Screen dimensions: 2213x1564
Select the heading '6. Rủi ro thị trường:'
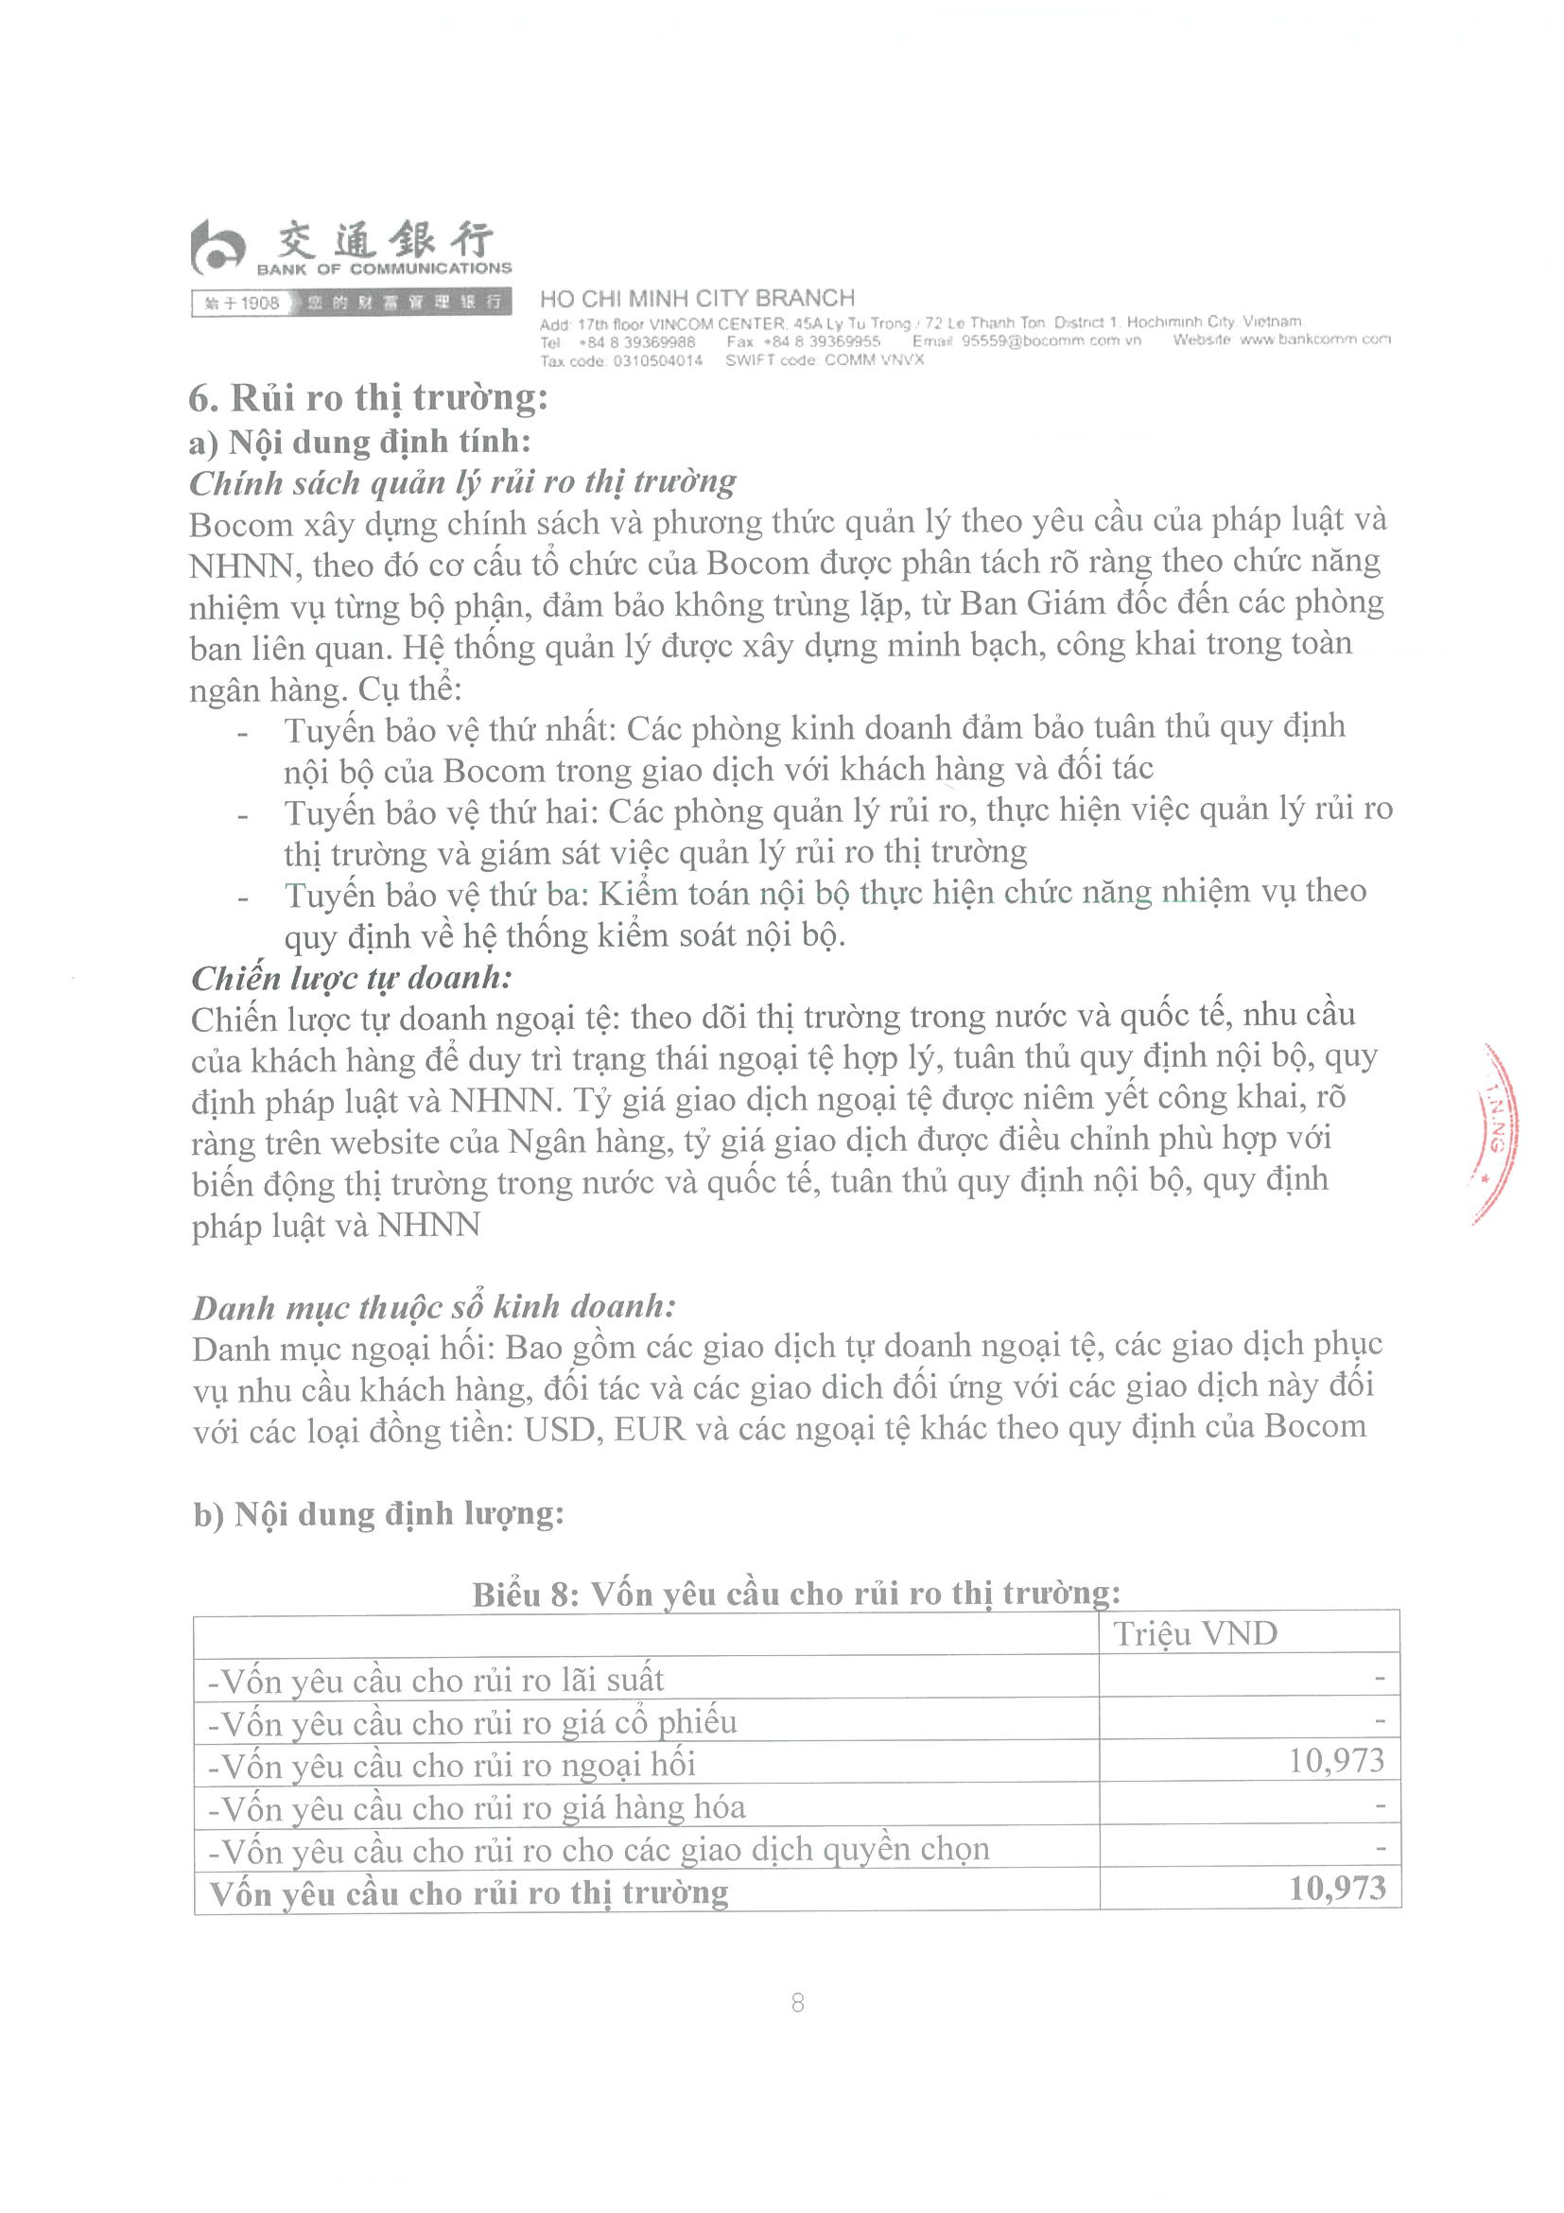368,397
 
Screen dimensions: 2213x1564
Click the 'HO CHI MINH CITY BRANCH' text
697,298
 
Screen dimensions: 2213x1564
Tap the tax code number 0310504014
657,360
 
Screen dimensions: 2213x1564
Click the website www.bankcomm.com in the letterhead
1314,340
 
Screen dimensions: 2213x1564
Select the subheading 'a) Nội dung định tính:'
359,442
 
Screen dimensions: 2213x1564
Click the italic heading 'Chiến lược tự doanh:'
351,978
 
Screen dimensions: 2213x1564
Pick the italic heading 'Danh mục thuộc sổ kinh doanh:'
434,1307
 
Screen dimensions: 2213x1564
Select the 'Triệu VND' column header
1195,1633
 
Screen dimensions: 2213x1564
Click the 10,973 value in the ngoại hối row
1336,1761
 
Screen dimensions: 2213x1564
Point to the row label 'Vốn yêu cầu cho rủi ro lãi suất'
437,1680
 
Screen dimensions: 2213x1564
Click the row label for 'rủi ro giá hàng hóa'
477,1807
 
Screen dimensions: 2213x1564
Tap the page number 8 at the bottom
797,2003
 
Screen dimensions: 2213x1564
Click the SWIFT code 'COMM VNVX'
874,359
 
